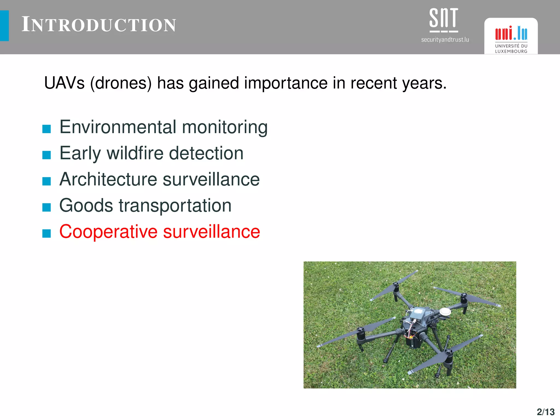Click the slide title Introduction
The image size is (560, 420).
click(x=99, y=25)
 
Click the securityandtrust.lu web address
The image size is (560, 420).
click(x=445, y=40)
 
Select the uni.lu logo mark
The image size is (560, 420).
click(x=511, y=33)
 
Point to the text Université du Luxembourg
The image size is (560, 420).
click(x=511, y=49)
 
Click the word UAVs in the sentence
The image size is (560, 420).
click(x=64, y=83)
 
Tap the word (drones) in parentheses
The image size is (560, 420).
click(x=121, y=83)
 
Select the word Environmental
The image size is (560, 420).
click(x=118, y=127)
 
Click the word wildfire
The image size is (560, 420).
click(x=135, y=153)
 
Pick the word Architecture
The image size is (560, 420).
click(x=108, y=179)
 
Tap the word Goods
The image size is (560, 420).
click(x=86, y=206)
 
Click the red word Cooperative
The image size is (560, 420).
click(x=108, y=232)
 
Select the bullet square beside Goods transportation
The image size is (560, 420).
click(x=47, y=207)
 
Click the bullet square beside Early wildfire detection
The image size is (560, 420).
click(x=47, y=155)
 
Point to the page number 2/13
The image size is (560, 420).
click(x=546, y=412)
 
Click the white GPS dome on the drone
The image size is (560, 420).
click(x=445, y=311)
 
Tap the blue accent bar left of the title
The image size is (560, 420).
click(x=4, y=26)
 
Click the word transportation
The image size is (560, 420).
click(x=175, y=206)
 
